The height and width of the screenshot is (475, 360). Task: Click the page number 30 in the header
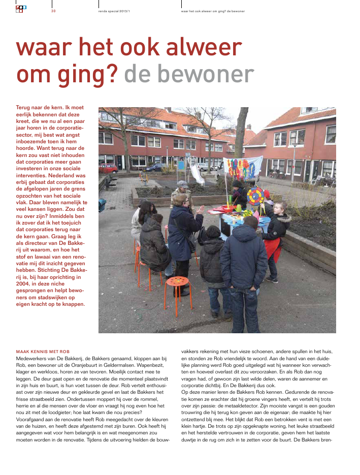(x=53, y=11)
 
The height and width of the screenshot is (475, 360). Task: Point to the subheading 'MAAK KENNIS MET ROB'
(x=43, y=351)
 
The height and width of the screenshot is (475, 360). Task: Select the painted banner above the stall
(x=243, y=167)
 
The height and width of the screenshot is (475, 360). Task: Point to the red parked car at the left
(x=108, y=168)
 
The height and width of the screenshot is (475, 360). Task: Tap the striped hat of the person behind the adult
(x=182, y=184)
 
